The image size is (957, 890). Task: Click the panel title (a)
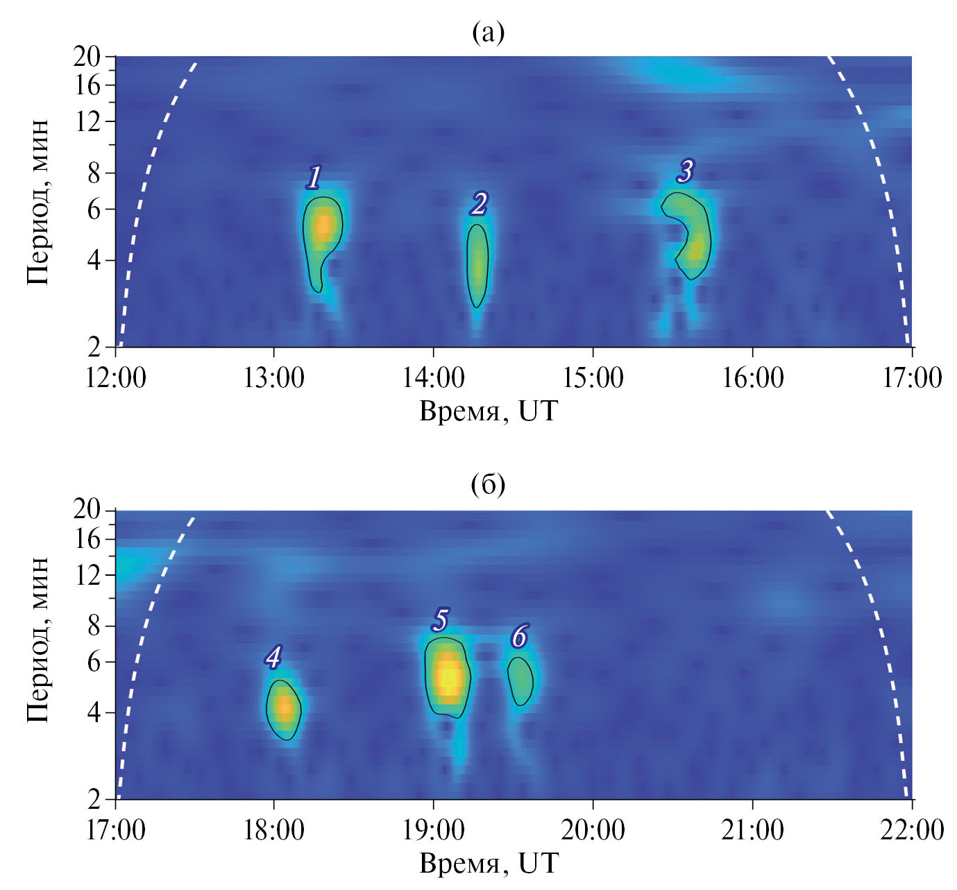pyautogui.click(x=488, y=31)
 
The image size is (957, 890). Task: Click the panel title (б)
pyautogui.click(x=488, y=484)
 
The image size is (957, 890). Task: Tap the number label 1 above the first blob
pyautogui.click(x=314, y=178)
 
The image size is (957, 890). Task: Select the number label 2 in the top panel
pyautogui.click(x=478, y=204)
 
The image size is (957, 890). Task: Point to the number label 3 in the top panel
pyautogui.click(x=686, y=171)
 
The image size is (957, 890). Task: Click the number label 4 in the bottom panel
pyautogui.click(x=273, y=657)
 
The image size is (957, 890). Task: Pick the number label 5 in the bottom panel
pyautogui.click(x=440, y=619)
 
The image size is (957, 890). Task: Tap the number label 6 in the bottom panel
pyautogui.click(x=519, y=635)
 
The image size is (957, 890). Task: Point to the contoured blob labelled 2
pyautogui.click(x=477, y=265)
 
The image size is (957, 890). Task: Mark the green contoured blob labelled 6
pyautogui.click(x=520, y=681)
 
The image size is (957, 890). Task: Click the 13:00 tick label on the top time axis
pyautogui.click(x=273, y=378)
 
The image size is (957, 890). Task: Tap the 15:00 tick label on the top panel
pyautogui.click(x=593, y=378)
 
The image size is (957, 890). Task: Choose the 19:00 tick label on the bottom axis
pyautogui.click(x=433, y=830)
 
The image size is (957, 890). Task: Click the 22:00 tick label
pyautogui.click(x=911, y=830)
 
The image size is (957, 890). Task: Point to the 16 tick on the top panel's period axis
pyautogui.click(x=87, y=85)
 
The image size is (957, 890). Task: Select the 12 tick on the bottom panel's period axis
pyautogui.click(x=87, y=575)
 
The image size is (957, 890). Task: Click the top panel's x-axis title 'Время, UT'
pyautogui.click(x=489, y=411)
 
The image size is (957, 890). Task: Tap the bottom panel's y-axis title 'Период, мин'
pyautogui.click(x=38, y=638)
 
